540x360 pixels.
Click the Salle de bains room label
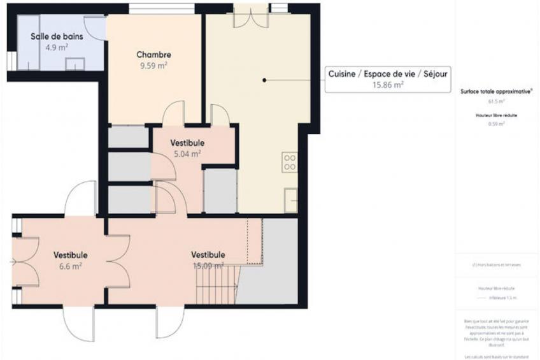pos(55,36)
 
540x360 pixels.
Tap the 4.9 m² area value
pos(57,47)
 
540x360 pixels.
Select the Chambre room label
pos(153,55)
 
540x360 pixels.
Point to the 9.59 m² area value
pos(153,65)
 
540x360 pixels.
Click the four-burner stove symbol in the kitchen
pos(290,162)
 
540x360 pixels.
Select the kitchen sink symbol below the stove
pos(291,201)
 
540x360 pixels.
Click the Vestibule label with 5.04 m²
pos(187,144)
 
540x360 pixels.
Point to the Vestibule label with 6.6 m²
pos(70,256)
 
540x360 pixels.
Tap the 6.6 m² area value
pos(70,266)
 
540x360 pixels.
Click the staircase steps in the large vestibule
pos(217,287)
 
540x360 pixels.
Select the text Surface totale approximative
pos(497,92)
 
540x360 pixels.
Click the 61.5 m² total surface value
pos(497,101)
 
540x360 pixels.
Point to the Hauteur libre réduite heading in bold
pos(497,115)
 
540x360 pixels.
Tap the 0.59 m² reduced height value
pos(497,124)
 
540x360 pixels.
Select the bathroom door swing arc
pos(96,29)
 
